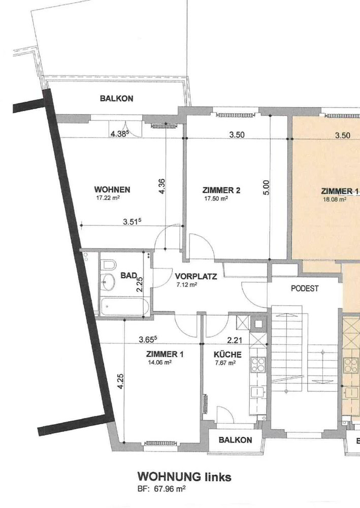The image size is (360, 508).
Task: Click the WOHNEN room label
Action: (112, 189)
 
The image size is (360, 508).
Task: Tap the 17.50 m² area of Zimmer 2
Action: (216, 199)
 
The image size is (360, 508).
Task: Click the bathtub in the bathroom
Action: (124, 306)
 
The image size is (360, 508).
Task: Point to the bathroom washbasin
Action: (108, 281)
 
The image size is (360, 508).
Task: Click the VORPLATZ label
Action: (196, 276)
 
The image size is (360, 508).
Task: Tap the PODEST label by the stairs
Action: (305, 289)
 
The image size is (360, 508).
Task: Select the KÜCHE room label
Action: (227, 355)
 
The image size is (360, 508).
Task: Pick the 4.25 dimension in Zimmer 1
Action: (120, 382)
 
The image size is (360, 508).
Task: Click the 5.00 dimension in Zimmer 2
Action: (266, 187)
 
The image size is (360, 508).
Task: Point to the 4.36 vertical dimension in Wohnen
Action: (162, 186)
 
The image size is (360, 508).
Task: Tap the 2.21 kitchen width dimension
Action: (235, 340)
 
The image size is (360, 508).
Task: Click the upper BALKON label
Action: (117, 99)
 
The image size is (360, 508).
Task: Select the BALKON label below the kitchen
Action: (236, 440)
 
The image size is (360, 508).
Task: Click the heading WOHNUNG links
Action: (184, 477)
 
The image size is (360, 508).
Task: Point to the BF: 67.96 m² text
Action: (161, 489)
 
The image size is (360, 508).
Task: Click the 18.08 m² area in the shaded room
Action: (335, 200)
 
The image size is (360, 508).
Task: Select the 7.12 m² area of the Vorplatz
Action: (187, 285)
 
